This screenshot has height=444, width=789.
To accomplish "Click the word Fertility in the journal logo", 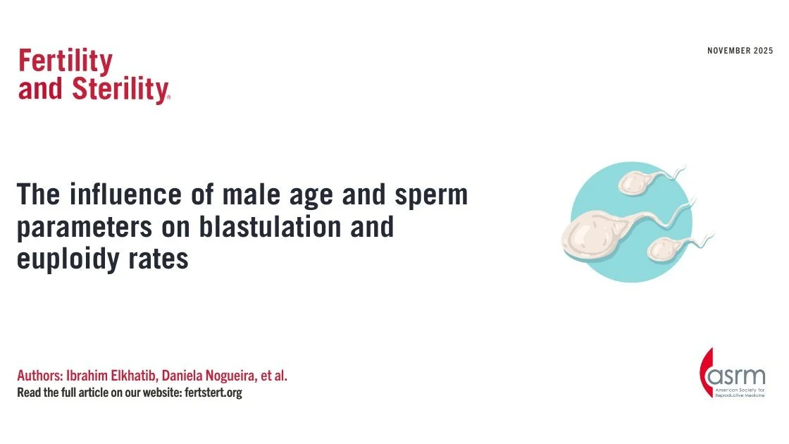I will click(66, 62).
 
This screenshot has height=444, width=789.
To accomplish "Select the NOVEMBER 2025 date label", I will click(739, 51).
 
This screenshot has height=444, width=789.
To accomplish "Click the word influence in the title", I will click(114, 195).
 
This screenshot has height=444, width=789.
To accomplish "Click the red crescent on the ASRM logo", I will click(705, 374).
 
